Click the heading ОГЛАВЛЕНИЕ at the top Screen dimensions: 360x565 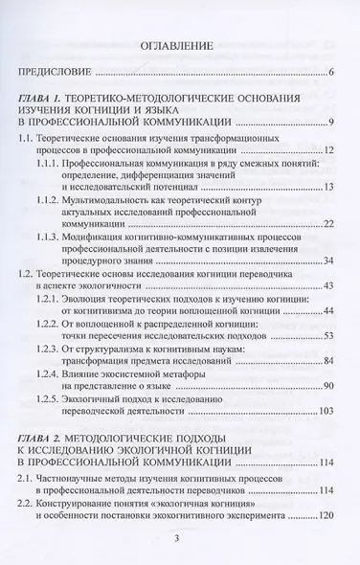coord(179,44)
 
